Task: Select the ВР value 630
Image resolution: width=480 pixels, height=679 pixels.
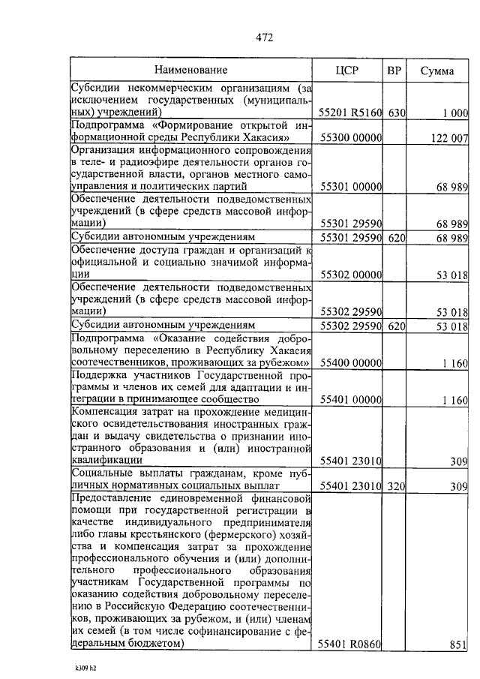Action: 397,113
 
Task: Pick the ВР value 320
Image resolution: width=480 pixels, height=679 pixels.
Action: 397,487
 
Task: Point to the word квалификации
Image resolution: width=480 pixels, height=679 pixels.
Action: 102,460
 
